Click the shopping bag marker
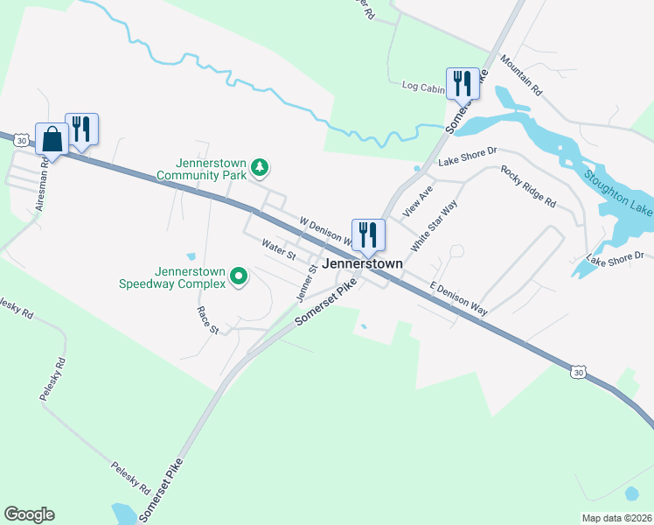tap(52, 138)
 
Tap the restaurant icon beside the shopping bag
tap(81, 129)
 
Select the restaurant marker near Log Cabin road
tap(463, 84)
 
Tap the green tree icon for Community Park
tap(259, 166)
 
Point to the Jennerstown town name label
tap(363, 263)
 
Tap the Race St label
tap(208, 321)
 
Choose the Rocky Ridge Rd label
tap(529, 185)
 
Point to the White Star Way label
tap(434, 226)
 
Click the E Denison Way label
tap(458, 298)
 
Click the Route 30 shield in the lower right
tap(578, 372)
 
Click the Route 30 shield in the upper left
tap(19, 138)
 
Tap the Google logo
tap(29, 514)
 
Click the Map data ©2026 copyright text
tap(616, 518)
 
